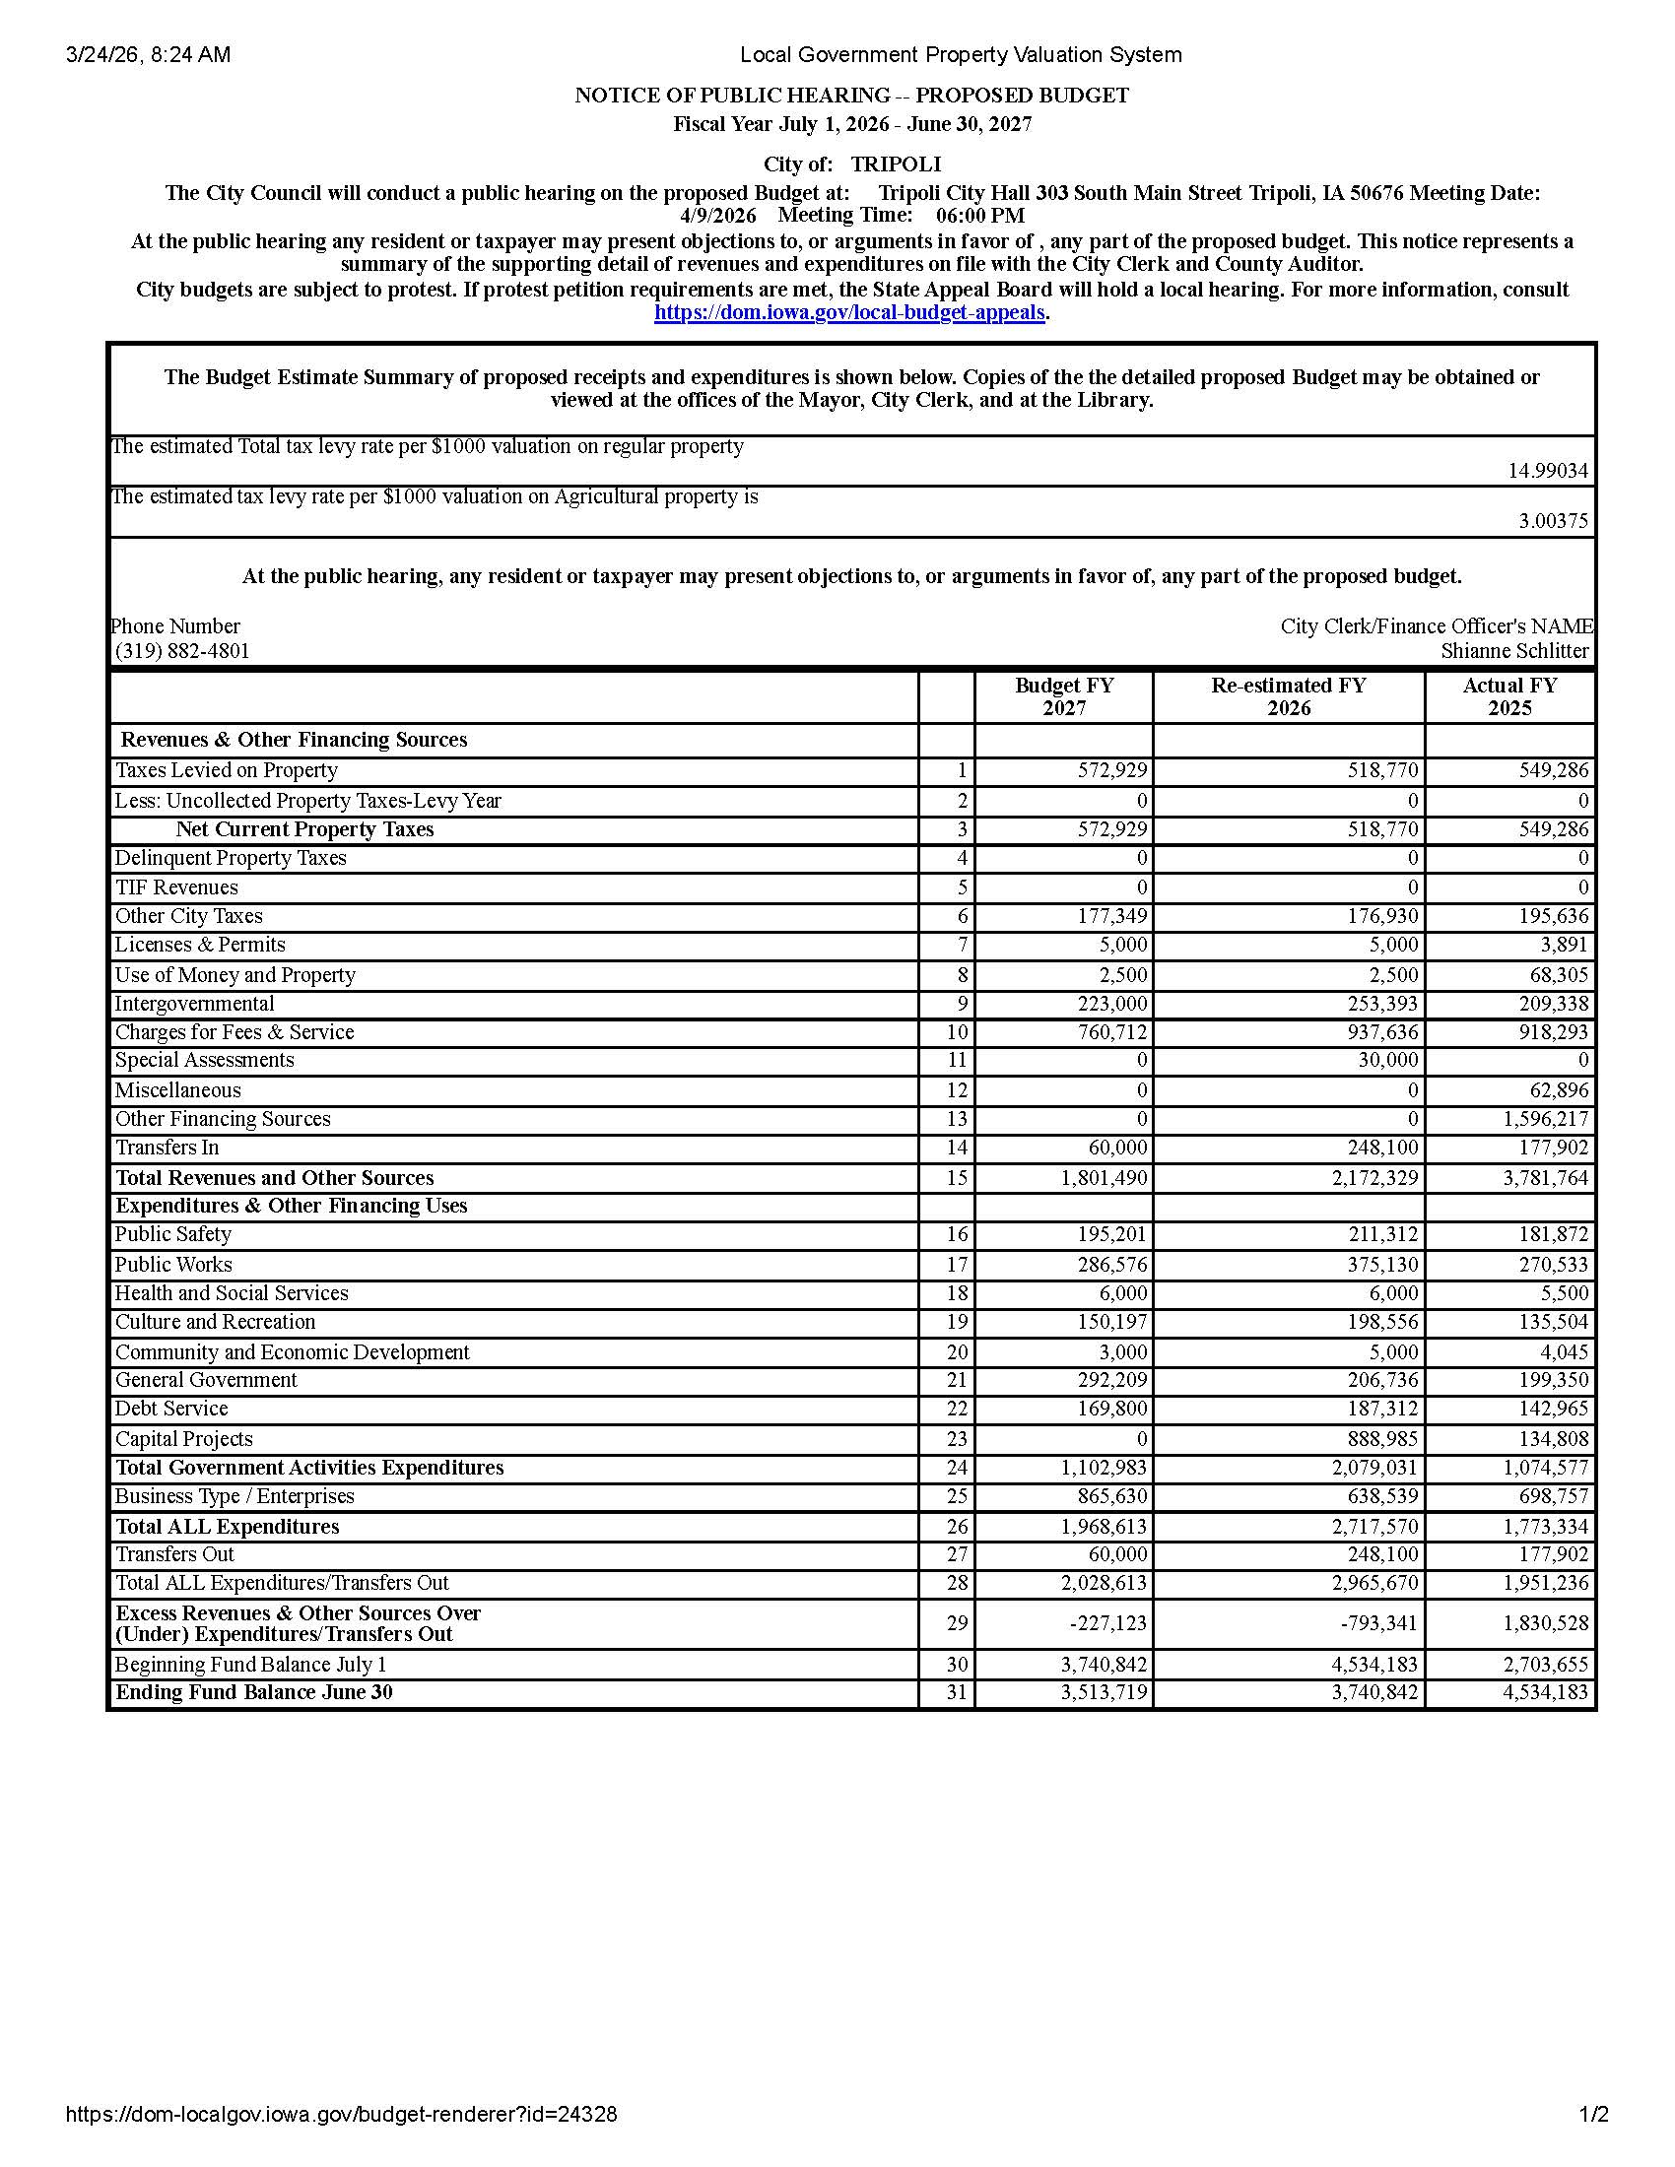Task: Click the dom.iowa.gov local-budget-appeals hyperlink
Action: pyautogui.click(x=849, y=312)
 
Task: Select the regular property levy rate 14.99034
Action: pyautogui.click(x=1548, y=470)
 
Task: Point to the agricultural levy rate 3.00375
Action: pyautogui.click(x=1553, y=521)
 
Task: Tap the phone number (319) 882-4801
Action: pyautogui.click(x=182, y=651)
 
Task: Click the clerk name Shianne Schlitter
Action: pyautogui.click(x=1514, y=651)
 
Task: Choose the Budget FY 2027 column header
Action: pyautogui.click(x=1064, y=696)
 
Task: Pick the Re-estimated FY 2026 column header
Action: pyautogui.click(x=1288, y=696)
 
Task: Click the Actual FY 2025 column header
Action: pyautogui.click(x=1509, y=696)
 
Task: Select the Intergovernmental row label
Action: pyautogui.click(x=194, y=1004)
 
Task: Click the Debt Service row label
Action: pyautogui.click(x=171, y=1409)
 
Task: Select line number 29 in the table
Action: pyautogui.click(x=956, y=1623)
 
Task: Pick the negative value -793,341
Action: pyautogui.click(x=1379, y=1623)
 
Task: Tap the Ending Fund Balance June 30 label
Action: pyautogui.click(x=254, y=1691)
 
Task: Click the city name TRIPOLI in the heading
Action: pyautogui.click(x=896, y=164)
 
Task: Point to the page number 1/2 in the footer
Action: pyautogui.click(x=1593, y=2115)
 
